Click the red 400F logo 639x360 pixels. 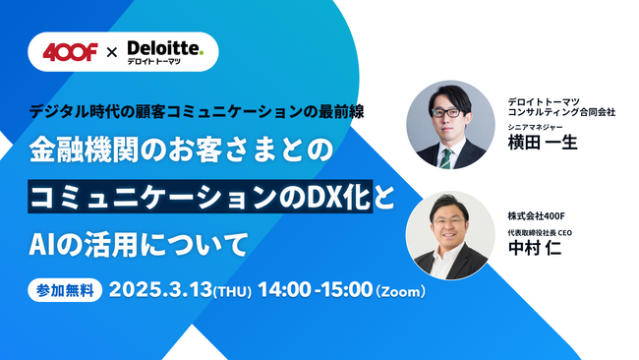click(x=71, y=51)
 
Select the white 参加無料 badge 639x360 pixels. click(x=66, y=291)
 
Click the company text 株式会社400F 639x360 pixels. click(x=538, y=215)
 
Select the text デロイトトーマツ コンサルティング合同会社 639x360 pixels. click(x=561, y=106)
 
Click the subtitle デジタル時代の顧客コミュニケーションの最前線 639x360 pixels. click(x=196, y=110)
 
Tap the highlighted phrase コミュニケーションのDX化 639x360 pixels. click(x=200, y=195)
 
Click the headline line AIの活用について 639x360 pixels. click(x=138, y=241)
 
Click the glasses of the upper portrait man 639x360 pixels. click(x=449, y=112)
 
